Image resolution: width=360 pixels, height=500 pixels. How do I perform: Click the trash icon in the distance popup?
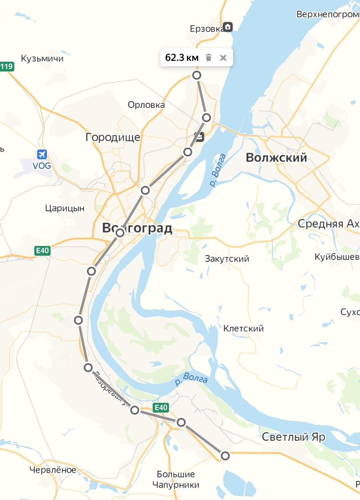point(209,58)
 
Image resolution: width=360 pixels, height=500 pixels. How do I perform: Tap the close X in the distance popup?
point(223,58)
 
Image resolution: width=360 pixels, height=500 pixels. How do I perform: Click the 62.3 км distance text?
point(182,58)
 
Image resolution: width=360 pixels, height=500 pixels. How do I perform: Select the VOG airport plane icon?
point(42,154)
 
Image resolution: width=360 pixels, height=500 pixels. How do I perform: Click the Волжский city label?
point(276,158)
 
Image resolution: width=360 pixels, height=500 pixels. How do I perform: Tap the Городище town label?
point(113,137)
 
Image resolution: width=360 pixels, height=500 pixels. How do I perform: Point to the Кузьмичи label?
point(42,58)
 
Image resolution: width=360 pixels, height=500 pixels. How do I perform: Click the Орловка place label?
point(146,105)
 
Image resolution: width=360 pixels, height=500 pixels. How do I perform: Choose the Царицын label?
point(65,208)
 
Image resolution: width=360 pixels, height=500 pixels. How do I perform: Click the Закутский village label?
point(227,259)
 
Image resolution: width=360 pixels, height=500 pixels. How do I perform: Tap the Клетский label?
point(243,328)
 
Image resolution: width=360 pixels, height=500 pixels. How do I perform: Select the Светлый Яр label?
point(293,437)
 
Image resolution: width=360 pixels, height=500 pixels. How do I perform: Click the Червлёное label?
point(53,470)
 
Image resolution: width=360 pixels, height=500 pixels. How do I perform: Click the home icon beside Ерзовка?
point(228,27)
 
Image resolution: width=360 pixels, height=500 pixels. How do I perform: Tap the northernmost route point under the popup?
point(197,75)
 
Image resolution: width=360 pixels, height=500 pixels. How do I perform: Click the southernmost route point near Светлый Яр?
point(225,455)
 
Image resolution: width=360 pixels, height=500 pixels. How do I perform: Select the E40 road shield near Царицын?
point(42,251)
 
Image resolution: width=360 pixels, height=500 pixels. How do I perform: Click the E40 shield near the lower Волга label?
point(161,407)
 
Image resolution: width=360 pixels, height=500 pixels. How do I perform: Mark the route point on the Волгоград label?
point(120,233)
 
